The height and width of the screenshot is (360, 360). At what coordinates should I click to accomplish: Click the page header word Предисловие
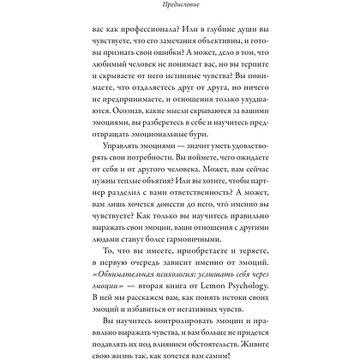point(179,5)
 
